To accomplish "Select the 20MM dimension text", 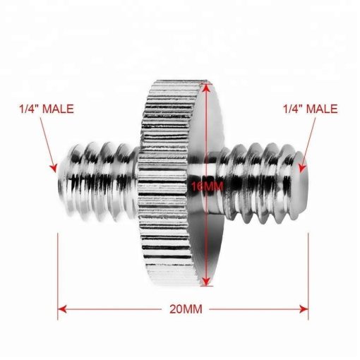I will pyautogui.click(x=182, y=309).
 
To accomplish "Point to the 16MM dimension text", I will pyautogui.click(x=205, y=186).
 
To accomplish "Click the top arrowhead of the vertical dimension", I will pyautogui.click(x=205, y=87).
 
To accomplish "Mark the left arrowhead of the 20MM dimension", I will pyautogui.click(x=62, y=309).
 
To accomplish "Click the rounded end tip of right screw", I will pyautogui.click(x=304, y=180).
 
